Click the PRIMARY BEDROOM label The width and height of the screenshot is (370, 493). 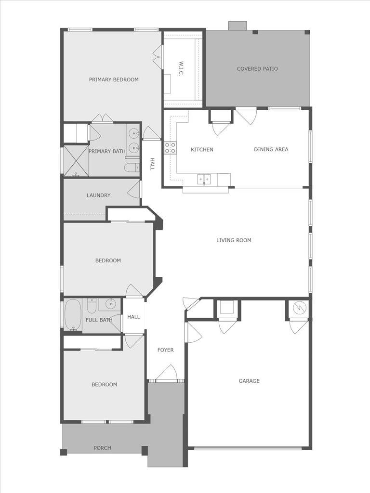tap(114, 79)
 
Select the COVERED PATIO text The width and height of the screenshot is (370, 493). tap(257, 69)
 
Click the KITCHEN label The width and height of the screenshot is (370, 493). tap(202, 149)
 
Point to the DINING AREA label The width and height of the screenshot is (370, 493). tap(271, 149)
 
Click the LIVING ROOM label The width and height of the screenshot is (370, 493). tap(234, 240)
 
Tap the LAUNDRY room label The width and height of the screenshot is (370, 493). tap(99, 195)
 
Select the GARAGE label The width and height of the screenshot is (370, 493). tap(249, 381)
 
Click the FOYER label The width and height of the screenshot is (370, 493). tap(165, 350)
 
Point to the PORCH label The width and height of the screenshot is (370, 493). tap(102, 448)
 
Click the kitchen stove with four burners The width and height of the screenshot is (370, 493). tap(170, 148)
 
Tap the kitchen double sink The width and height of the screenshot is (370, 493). tap(204, 179)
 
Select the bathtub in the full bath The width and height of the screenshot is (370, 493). tap(73, 315)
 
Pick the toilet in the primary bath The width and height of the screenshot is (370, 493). tap(131, 168)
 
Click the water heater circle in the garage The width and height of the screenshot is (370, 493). tap(298, 307)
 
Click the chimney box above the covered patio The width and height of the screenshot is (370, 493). tap(238, 26)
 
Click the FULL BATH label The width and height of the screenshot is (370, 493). tap(99, 320)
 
